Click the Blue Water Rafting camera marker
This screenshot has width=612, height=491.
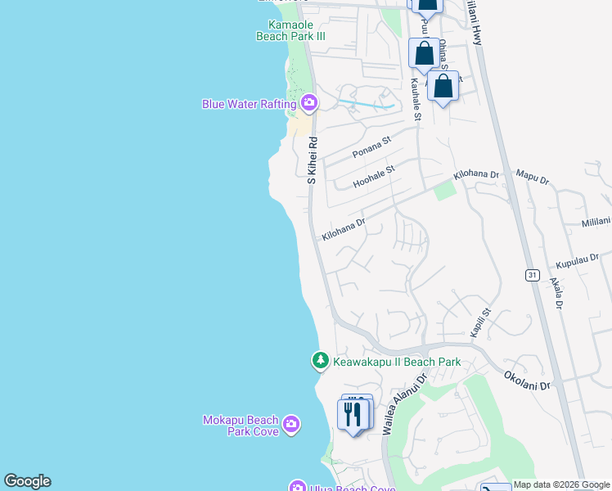pos(308,103)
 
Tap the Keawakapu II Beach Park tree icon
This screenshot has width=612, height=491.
pos(321,360)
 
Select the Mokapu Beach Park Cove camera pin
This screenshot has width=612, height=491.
pos(291,425)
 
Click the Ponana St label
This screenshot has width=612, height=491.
pos(372,147)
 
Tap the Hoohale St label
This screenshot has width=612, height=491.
pos(374,176)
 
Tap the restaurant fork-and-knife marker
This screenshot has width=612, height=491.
pos(353,414)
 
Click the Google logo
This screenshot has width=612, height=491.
pos(27,481)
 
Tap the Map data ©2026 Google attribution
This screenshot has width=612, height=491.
pos(562,484)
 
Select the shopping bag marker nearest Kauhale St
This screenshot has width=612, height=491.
pos(424,53)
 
